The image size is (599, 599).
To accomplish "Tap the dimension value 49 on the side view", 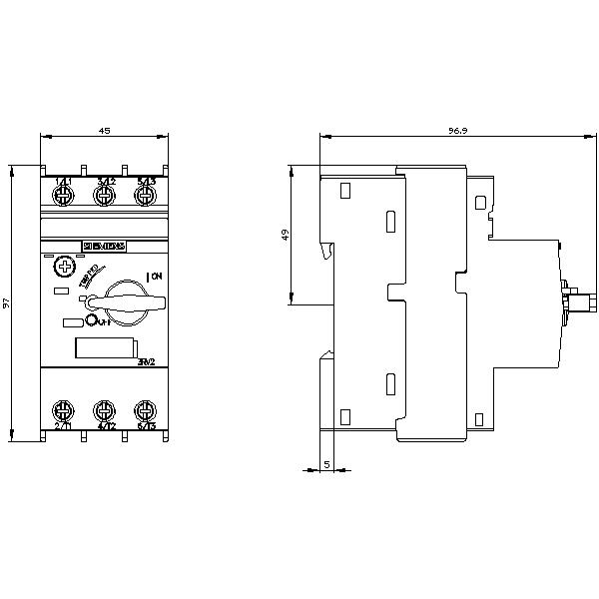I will tap(284, 235).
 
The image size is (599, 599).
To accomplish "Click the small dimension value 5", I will tap(327, 464).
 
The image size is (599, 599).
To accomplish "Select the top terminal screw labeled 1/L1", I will tap(62, 195).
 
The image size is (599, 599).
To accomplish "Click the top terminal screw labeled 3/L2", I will tap(103, 195).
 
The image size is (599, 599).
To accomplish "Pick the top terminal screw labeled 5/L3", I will tap(145, 195).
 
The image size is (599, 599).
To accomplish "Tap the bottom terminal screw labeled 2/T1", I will tap(62, 410).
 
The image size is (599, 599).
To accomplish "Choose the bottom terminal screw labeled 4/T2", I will tap(103, 410).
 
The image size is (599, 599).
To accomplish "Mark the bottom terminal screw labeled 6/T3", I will tap(145, 410).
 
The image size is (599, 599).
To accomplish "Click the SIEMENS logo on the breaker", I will tap(103, 246).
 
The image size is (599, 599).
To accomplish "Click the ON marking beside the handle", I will tap(154, 276).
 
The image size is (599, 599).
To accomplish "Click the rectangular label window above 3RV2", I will tap(105, 348).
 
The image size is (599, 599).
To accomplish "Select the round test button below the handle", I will tap(91, 320).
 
